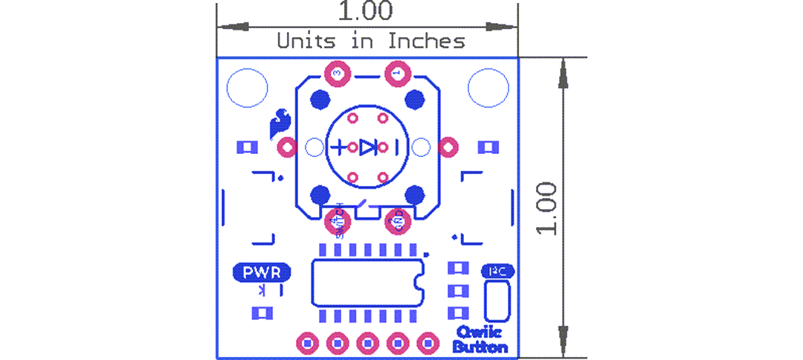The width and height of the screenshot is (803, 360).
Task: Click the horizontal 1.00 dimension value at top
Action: [x=366, y=12]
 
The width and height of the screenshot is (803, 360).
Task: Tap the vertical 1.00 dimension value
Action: [x=547, y=208]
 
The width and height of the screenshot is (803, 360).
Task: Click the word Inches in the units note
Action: [x=427, y=40]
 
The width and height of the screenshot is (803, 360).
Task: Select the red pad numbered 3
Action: [x=338, y=73]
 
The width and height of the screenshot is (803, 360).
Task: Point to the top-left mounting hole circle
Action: [x=247, y=88]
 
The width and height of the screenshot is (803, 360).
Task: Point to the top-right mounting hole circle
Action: [x=488, y=88]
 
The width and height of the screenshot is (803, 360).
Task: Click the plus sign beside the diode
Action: [x=339, y=147]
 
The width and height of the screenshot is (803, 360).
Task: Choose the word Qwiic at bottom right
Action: [x=479, y=332]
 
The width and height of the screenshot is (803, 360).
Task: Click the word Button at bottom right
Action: [x=480, y=347]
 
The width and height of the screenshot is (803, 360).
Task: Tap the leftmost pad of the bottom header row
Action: [x=307, y=343]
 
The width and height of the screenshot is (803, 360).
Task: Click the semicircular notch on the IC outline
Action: [x=419, y=283]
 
